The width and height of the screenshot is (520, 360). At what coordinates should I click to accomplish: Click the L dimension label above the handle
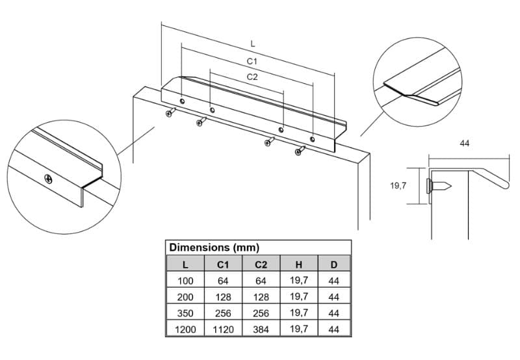[253, 44]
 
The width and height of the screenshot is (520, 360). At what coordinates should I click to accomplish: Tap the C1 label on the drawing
[252, 61]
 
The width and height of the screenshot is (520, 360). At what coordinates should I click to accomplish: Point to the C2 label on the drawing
[252, 77]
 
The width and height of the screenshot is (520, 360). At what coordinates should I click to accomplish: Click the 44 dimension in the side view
[465, 143]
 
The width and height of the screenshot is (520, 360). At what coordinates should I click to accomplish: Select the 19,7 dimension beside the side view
[398, 186]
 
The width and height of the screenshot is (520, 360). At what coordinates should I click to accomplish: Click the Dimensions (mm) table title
[214, 248]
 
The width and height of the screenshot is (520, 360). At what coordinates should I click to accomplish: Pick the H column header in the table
[299, 264]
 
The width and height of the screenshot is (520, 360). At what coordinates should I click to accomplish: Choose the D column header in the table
[334, 264]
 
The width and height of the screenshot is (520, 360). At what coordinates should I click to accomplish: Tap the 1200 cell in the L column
[185, 329]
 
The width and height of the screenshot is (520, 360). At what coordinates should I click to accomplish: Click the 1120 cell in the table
[223, 329]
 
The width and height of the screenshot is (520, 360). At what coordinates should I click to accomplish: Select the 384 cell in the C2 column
[261, 329]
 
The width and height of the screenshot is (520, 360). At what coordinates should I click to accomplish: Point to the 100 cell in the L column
[185, 281]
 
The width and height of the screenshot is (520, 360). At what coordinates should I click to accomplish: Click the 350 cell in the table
[185, 313]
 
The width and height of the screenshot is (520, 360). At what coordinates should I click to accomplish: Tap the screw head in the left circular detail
[48, 179]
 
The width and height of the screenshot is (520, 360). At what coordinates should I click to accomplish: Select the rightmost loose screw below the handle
[300, 151]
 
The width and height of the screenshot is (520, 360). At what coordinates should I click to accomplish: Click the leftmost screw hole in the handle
[182, 101]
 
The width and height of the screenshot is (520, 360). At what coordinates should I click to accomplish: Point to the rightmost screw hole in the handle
[312, 139]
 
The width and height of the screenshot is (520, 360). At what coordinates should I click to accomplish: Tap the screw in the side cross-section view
[438, 186]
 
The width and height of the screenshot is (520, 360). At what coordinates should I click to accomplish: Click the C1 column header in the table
[223, 264]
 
